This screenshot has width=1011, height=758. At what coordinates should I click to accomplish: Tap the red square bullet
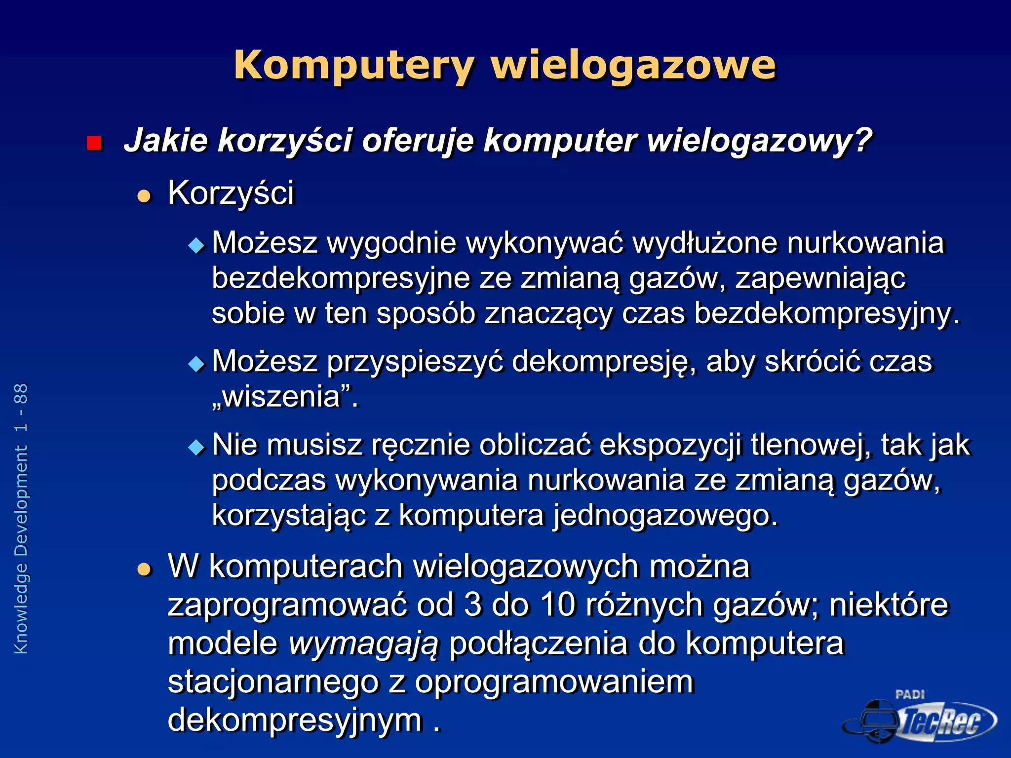(x=94, y=143)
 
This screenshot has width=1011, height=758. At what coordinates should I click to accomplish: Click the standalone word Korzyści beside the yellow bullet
(x=231, y=193)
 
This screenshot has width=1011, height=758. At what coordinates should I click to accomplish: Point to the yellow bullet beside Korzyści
(x=144, y=196)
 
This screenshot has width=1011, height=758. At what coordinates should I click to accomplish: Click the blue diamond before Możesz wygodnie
(x=196, y=245)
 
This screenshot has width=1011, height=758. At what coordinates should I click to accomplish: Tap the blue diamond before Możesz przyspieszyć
(x=196, y=364)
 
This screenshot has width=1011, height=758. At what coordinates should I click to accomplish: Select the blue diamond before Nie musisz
(x=196, y=448)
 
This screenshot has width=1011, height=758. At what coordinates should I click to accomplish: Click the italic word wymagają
(x=363, y=644)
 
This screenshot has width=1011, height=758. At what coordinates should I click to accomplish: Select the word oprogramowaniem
(x=554, y=682)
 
